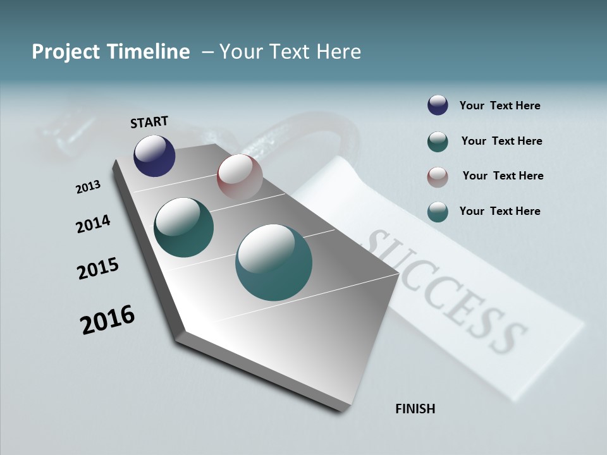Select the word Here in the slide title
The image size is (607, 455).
(x=338, y=52)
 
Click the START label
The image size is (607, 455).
(x=149, y=122)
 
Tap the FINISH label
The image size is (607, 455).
(x=415, y=409)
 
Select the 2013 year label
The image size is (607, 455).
(x=88, y=187)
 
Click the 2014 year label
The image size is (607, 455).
(x=94, y=224)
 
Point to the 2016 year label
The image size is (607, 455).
(x=107, y=320)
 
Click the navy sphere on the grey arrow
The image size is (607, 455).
(x=154, y=155)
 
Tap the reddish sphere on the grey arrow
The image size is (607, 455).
(x=240, y=176)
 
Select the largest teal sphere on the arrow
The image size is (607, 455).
(x=274, y=262)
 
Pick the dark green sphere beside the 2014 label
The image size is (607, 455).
(x=183, y=227)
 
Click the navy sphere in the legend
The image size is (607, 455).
(x=438, y=106)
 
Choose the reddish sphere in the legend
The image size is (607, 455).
(x=438, y=177)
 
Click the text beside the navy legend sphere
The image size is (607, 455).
(x=500, y=106)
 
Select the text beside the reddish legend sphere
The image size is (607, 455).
(x=503, y=176)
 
